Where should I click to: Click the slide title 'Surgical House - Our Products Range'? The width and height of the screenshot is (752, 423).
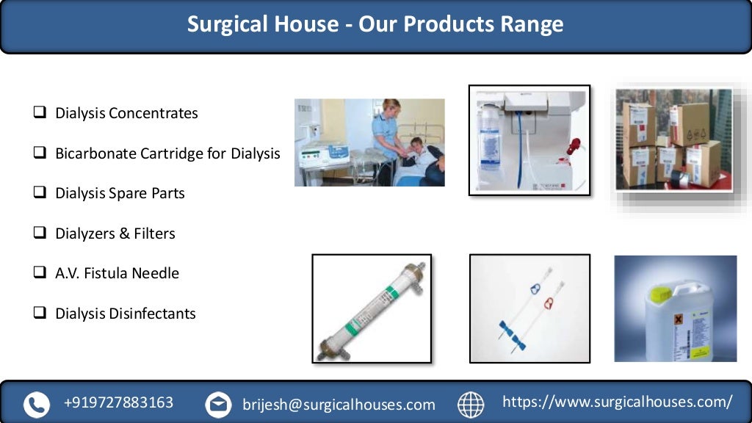[x=375, y=24]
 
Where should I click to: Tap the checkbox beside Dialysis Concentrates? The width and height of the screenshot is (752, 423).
[x=40, y=113]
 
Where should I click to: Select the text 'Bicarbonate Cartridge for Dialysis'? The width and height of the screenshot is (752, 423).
[x=167, y=153]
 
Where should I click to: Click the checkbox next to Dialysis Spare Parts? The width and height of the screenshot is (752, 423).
[x=40, y=193]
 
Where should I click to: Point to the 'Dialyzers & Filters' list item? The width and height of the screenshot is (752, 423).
[x=115, y=234]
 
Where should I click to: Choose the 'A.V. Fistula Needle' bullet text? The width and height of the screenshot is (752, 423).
[x=117, y=273]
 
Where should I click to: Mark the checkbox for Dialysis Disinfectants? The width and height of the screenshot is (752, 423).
[x=40, y=313]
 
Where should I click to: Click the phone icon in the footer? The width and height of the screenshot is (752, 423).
[x=36, y=404]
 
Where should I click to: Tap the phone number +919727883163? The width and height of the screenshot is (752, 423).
[x=119, y=402]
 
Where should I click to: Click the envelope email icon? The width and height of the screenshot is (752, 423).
[x=218, y=404]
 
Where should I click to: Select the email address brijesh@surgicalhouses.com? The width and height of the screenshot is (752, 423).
[x=339, y=404]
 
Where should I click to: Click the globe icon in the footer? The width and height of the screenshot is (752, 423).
[x=471, y=404]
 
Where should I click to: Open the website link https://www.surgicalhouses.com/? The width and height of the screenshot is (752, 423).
[x=617, y=402]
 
